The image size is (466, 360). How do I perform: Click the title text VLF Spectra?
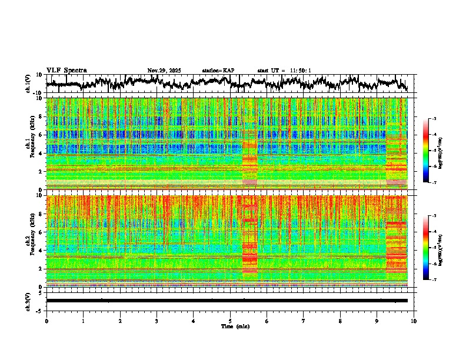[66, 70]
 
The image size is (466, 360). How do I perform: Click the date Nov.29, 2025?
[164, 71]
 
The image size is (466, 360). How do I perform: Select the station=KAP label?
[218, 71]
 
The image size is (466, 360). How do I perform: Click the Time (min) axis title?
[230, 326]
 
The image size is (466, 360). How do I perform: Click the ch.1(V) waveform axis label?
[28, 84]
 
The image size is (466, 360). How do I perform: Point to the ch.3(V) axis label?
[28, 301]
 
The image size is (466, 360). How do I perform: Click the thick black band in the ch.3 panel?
[227, 301]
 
